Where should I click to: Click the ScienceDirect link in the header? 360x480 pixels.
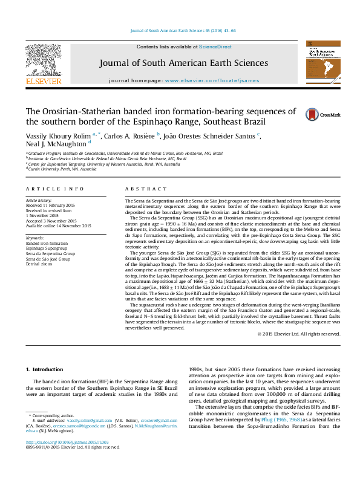pyautogui.click(x=216, y=47)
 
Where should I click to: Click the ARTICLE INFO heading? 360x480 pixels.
pyautogui.click(x=48, y=189)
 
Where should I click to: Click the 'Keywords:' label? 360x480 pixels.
pyautogui.click(x=35, y=239)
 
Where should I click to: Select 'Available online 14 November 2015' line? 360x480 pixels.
pyautogui.click(x=58, y=226)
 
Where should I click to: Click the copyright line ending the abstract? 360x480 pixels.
pyautogui.click(x=299, y=334)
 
